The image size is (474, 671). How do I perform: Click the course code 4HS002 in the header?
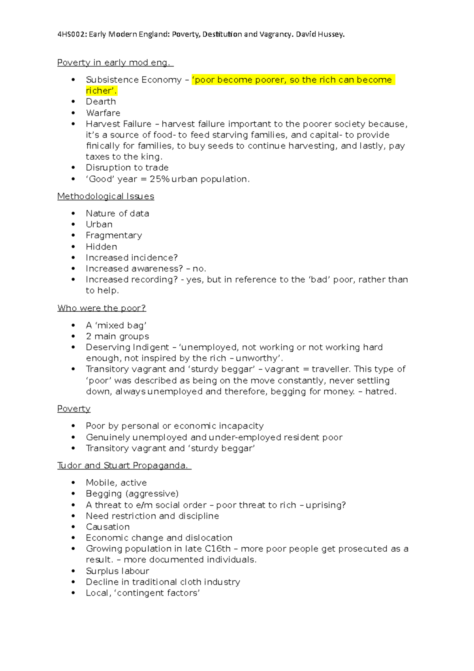(x=72, y=34)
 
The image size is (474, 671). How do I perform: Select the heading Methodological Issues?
(x=105, y=196)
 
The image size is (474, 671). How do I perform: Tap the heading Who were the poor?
(x=102, y=308)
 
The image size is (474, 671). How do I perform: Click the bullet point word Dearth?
(x=101, y=102)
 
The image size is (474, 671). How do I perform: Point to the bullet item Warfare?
(x=103, y=113)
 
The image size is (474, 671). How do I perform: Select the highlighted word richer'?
(x=101, y=91)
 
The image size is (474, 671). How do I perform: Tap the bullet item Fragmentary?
(x=114, y=236)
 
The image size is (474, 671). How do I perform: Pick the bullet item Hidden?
(x=102, y=247)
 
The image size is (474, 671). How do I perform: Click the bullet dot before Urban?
(x=73, y=224)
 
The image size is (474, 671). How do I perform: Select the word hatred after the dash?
(x=380, y=392)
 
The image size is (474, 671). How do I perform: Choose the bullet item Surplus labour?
(x=117, y=571)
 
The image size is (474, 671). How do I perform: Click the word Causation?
(x=108, y=527)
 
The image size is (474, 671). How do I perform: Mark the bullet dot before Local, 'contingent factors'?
(x=73, y=593)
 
